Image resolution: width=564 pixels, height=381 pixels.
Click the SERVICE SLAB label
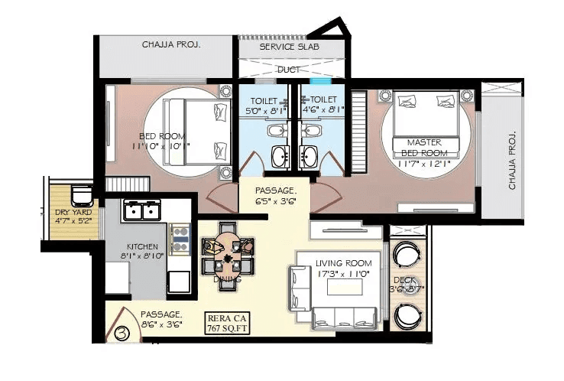point(289,47)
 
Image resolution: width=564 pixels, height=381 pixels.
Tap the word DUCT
point(288,69)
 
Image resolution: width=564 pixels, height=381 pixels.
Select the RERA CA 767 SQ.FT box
point(229,324)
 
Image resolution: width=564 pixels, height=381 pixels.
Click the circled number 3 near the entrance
point(122,334)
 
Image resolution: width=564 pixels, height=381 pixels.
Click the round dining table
point(228,257)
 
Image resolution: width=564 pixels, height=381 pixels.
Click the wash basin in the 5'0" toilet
point(279,158)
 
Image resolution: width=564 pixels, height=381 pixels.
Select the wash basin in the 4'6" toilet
point(310,158)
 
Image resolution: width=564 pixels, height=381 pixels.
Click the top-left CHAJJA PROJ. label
point(171,44)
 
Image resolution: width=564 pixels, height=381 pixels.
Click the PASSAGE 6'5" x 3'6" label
point(274,194)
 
